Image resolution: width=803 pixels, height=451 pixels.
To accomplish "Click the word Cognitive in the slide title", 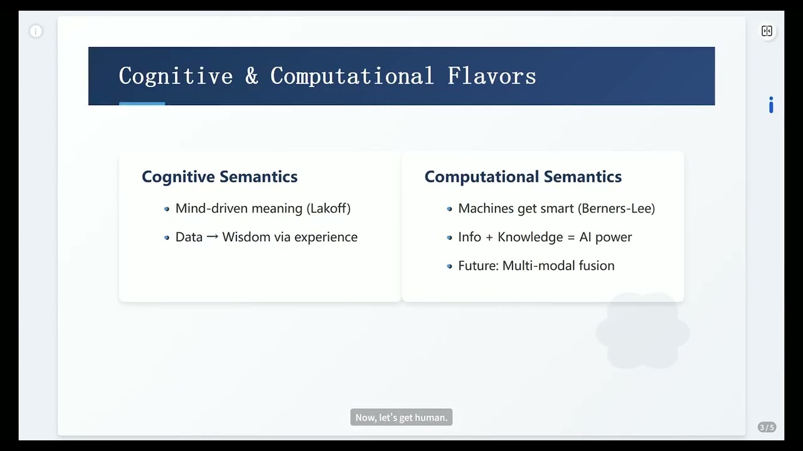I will click(x=176, y=76).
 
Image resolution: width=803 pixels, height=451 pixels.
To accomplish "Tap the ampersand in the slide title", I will click(x=252, y=76).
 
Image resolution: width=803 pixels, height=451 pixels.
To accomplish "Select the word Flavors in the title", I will click(x=491, y=76).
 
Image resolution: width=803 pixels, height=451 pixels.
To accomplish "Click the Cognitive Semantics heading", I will click(x=220, y=177).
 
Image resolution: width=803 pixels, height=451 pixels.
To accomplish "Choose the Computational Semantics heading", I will click(x=523, y=177).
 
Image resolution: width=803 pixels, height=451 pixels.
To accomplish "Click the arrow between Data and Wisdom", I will click(x=212, y=237).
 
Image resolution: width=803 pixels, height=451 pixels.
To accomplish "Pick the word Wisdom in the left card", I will click(x=246, y=237).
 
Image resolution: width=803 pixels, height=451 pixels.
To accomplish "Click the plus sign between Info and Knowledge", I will click(x=489, y=237).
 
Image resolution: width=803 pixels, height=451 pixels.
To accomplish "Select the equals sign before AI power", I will click(x=571, y=237).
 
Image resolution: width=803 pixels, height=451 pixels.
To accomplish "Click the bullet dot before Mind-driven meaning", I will click(x=166, y=209).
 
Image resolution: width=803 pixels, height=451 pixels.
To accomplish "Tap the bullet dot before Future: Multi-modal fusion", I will click(x=449, y=266).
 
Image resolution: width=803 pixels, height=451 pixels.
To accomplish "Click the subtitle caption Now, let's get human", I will click(x=401, y=418).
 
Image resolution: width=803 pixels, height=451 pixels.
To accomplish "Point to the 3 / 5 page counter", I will click(x=767, y=427).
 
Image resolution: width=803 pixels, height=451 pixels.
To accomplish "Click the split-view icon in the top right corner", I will click(x=767, y=31).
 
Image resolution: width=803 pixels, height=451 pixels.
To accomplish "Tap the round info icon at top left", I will click(x=36, y=31).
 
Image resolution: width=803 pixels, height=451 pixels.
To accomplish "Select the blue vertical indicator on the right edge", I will click(x=771, y=105).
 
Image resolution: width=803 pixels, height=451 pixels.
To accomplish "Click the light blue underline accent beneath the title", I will click(x=142, y=103).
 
